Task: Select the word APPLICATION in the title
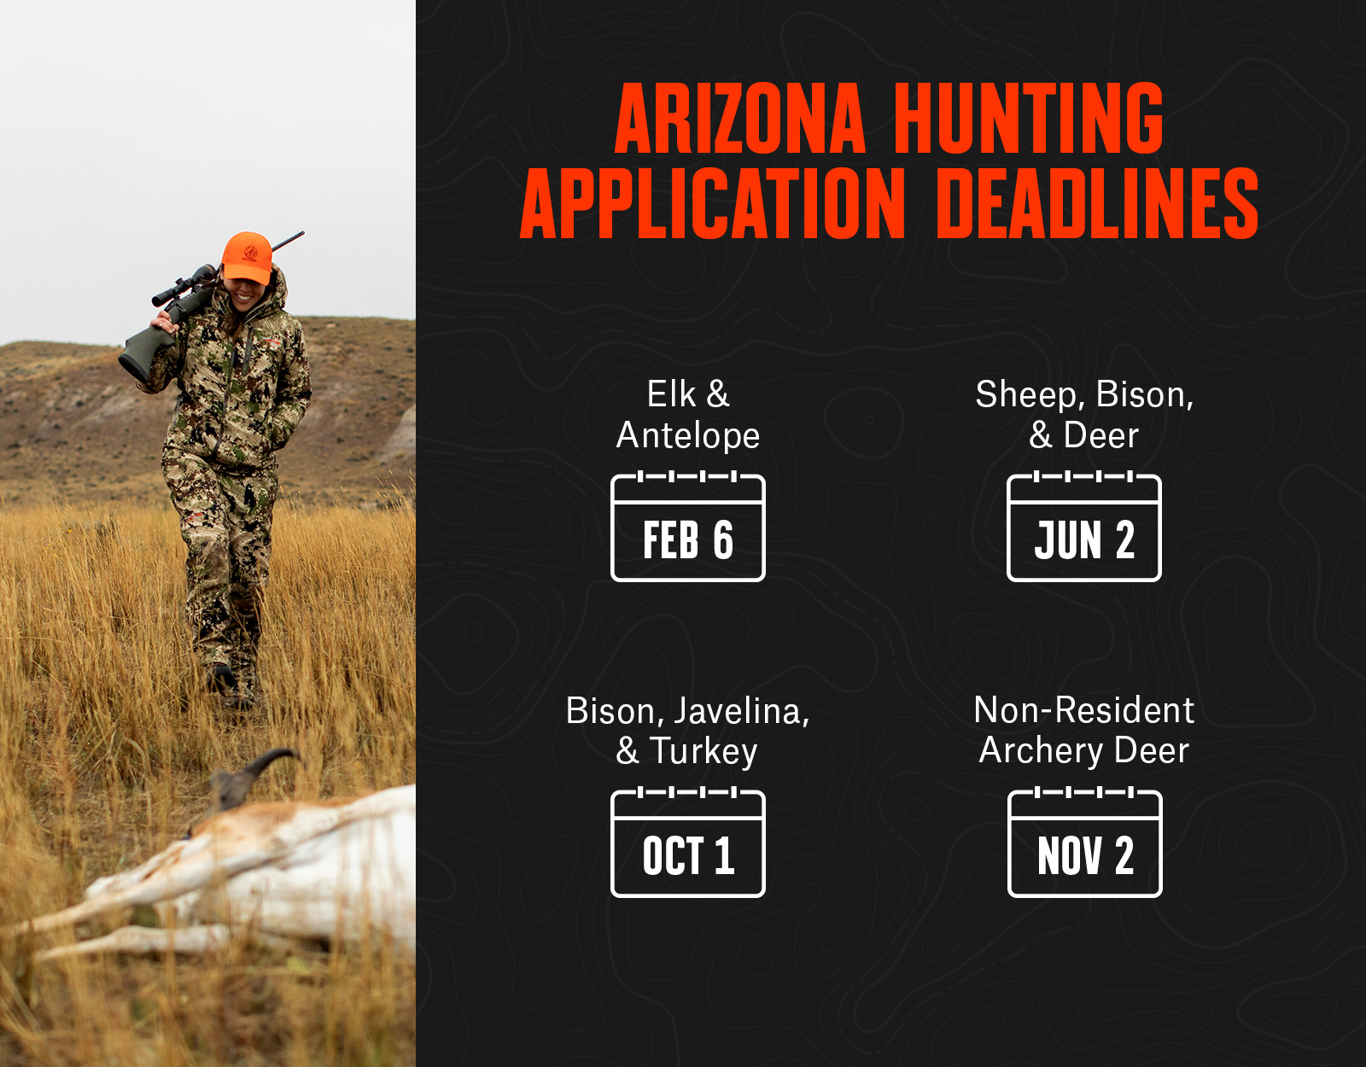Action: tap(712, 203)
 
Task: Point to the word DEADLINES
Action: tap(1097, 203)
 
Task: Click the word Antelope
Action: tap(688, 436)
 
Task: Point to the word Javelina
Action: tap(742, 712)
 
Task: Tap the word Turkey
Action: tap(703, 751)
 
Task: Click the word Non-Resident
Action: tap(1083, 711)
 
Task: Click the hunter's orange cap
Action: tap(248, 257)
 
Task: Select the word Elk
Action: tap(671, 394)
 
